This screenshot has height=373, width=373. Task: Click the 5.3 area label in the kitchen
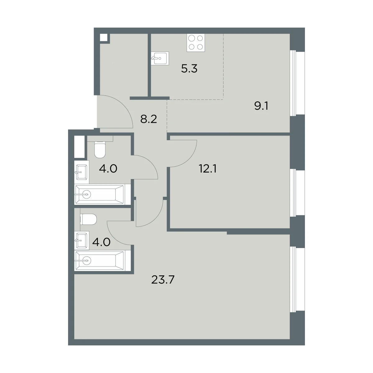[189, 68]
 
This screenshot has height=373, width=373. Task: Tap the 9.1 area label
[261, 106]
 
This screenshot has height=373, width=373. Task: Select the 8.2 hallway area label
[149, 119]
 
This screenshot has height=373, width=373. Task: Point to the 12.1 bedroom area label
[208, 168]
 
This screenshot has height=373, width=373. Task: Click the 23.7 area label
[163, 280]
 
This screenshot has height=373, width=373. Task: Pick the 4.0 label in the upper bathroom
[108, 168]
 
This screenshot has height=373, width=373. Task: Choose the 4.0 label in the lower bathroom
[101, 242]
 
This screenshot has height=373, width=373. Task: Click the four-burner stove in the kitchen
[196, 43]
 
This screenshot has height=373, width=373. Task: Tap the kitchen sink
[160, 58]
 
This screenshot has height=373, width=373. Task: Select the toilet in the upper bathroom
[100, 150]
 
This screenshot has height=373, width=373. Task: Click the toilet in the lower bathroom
[88, 219]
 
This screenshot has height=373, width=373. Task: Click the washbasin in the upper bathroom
[82, 172]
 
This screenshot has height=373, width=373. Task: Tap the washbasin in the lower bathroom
[82, 241]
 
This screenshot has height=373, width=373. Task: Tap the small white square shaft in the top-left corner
[104, 37]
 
